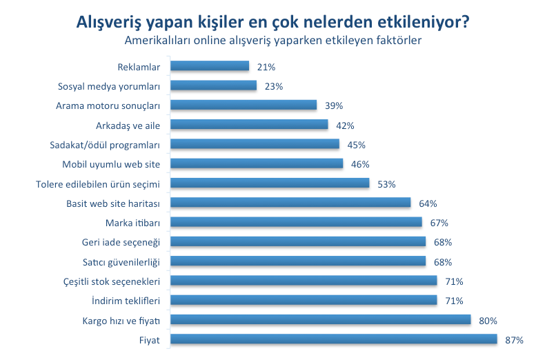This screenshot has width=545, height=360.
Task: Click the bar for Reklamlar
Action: click(x=209, y=66)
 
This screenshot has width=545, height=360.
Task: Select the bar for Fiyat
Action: click(x=333, y=339)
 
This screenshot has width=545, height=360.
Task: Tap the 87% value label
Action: click(x=514, y=340)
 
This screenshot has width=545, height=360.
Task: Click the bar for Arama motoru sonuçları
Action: click(x=243, y=106)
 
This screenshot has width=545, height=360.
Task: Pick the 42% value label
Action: click(x=345, y=126)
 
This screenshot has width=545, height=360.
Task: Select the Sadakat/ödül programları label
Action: click(x=105, y=145)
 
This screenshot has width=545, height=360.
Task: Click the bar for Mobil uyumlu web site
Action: click(x=256, y=164)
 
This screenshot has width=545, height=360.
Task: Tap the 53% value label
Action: click(x=386, y=184)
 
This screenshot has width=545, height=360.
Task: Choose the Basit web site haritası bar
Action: click(x=290, y=203)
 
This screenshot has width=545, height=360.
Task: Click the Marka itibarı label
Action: click(x=132, y=223)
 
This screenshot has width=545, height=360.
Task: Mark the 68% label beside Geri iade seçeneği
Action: click(x=443, y=242)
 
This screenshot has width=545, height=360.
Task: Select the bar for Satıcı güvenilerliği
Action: click(x=297, y=261)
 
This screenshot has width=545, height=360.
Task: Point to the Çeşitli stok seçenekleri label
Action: click(x=111, y=281)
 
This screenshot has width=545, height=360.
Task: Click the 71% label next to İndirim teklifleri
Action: click(x=454, y=301)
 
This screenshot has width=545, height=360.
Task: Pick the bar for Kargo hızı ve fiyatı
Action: click(x=320, y=320)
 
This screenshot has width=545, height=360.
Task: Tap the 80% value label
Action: click(x=488, y=321)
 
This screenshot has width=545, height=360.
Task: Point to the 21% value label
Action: click(x=266, y=67)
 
